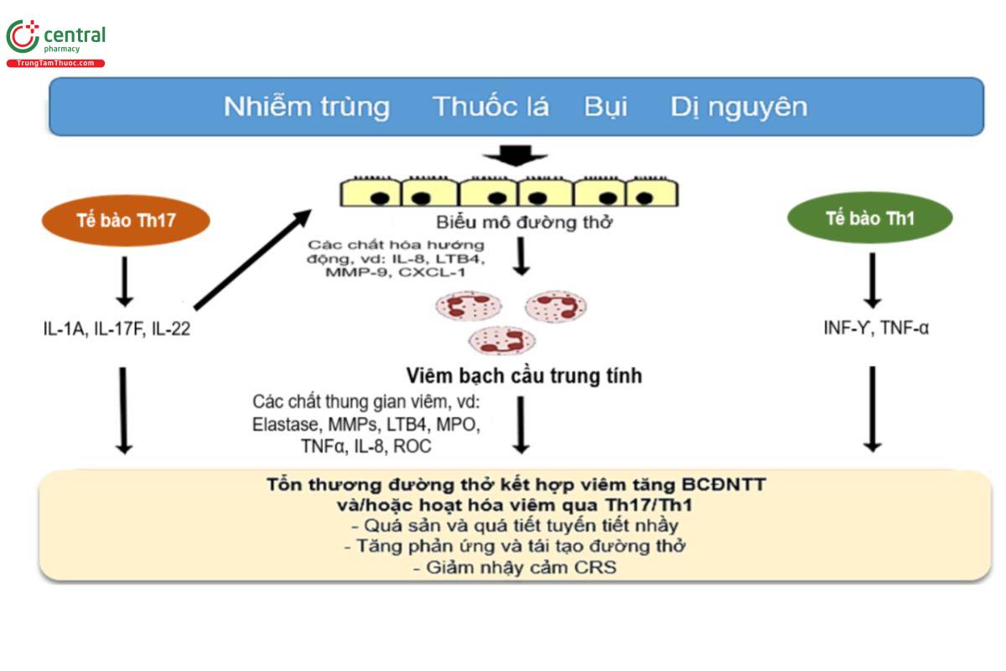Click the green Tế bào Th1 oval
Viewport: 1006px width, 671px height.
coord(870,219)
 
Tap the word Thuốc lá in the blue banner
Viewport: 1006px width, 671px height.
coord(490,107)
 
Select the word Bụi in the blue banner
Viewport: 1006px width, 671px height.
coord(606,107)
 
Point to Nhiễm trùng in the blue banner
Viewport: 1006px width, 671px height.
coord(307,107)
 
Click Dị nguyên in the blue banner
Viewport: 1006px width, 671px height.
coord(739,107)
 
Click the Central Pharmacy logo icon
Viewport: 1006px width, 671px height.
coord(23,37)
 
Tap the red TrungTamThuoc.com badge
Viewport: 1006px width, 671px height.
coord(55,64)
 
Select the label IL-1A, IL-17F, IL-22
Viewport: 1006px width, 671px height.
coord(117,329)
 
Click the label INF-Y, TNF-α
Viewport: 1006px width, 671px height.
coord(876,328)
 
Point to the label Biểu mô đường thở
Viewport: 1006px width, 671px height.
coord(525,222)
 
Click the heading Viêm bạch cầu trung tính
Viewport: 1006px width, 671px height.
coord(523,375)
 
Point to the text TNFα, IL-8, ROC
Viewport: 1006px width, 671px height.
coord(366,446)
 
